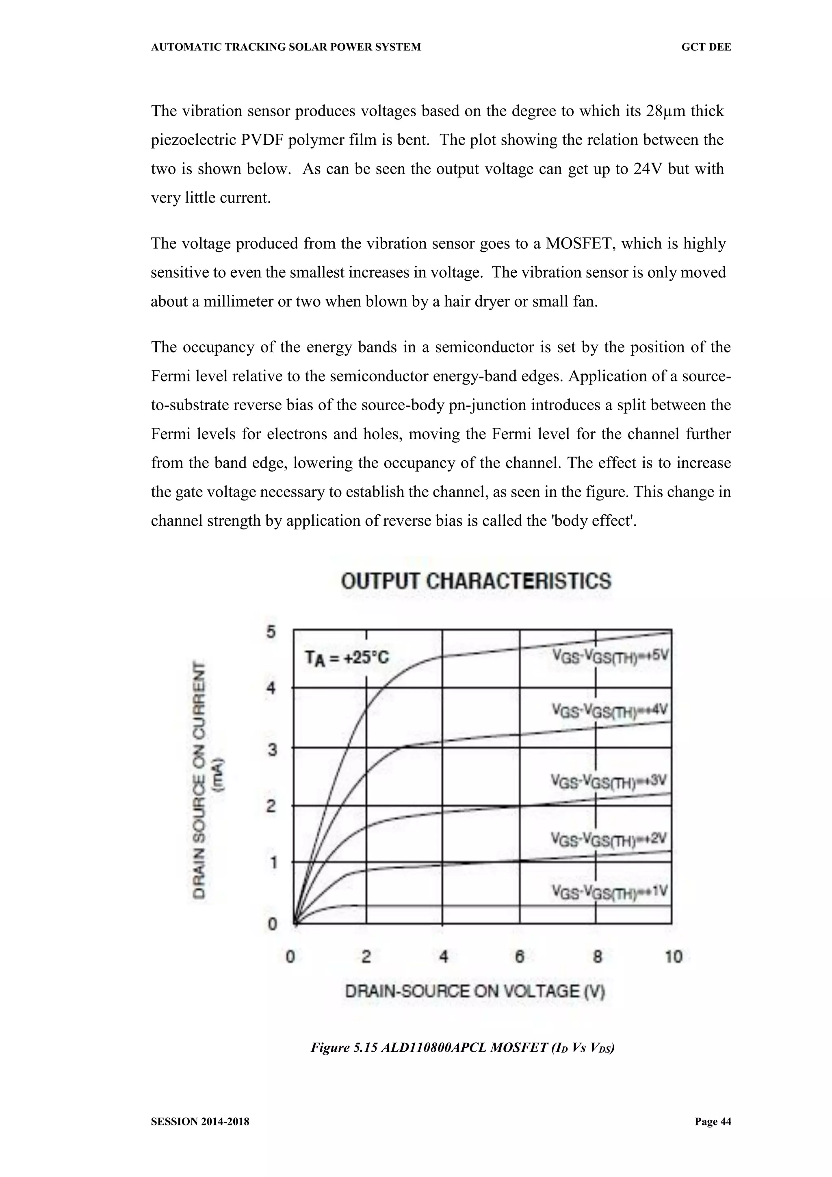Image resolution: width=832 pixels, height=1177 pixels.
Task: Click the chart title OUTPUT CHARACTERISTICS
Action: (x=476, y=581)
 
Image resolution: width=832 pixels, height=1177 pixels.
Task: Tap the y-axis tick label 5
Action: (x=271, y=632)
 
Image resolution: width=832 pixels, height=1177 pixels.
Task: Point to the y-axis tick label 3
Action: (x=271, y=750)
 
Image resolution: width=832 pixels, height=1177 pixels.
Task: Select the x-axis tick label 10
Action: (x=674, y=957)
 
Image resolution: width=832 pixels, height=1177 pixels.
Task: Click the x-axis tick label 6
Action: (x=520, y=957)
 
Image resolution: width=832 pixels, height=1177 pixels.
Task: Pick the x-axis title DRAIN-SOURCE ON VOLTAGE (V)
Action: (x=475, y=992)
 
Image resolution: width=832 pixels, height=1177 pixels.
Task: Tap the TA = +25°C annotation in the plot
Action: (x=347, y=658)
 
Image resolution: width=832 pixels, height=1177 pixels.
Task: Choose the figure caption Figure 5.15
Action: (x=463, y=1048)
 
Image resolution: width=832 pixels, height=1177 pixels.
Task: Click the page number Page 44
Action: (x=713, y=1121)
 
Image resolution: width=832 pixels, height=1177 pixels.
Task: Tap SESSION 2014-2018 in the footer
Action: (x=200, y=1122)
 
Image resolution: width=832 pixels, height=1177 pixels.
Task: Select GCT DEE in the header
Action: (x=706, y=47)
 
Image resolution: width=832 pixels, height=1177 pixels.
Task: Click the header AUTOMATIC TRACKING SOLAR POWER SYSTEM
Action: (x=286, y=47)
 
